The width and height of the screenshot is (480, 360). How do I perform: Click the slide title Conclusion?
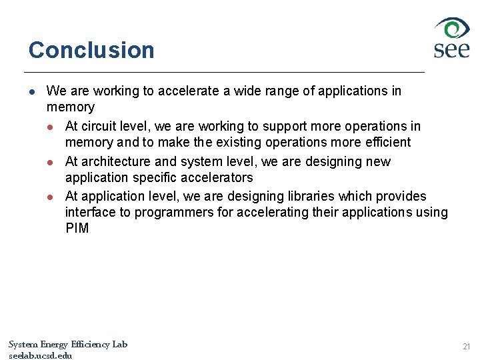(91, 50)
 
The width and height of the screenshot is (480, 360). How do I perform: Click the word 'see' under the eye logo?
(451, 50)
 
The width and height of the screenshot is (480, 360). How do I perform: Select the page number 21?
(466, 347)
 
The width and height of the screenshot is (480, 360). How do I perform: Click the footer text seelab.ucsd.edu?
(40, 355)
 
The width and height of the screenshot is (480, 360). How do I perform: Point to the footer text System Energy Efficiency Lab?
(67, 344)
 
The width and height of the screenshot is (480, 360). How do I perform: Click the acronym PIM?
(77, 229)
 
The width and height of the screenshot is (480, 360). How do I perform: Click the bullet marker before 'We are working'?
(31, 91)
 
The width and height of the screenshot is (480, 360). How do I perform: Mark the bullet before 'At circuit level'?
(50, 127)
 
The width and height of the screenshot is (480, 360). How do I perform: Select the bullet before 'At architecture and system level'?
(50, 162)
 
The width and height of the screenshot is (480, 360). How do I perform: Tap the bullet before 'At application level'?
(50, 197)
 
